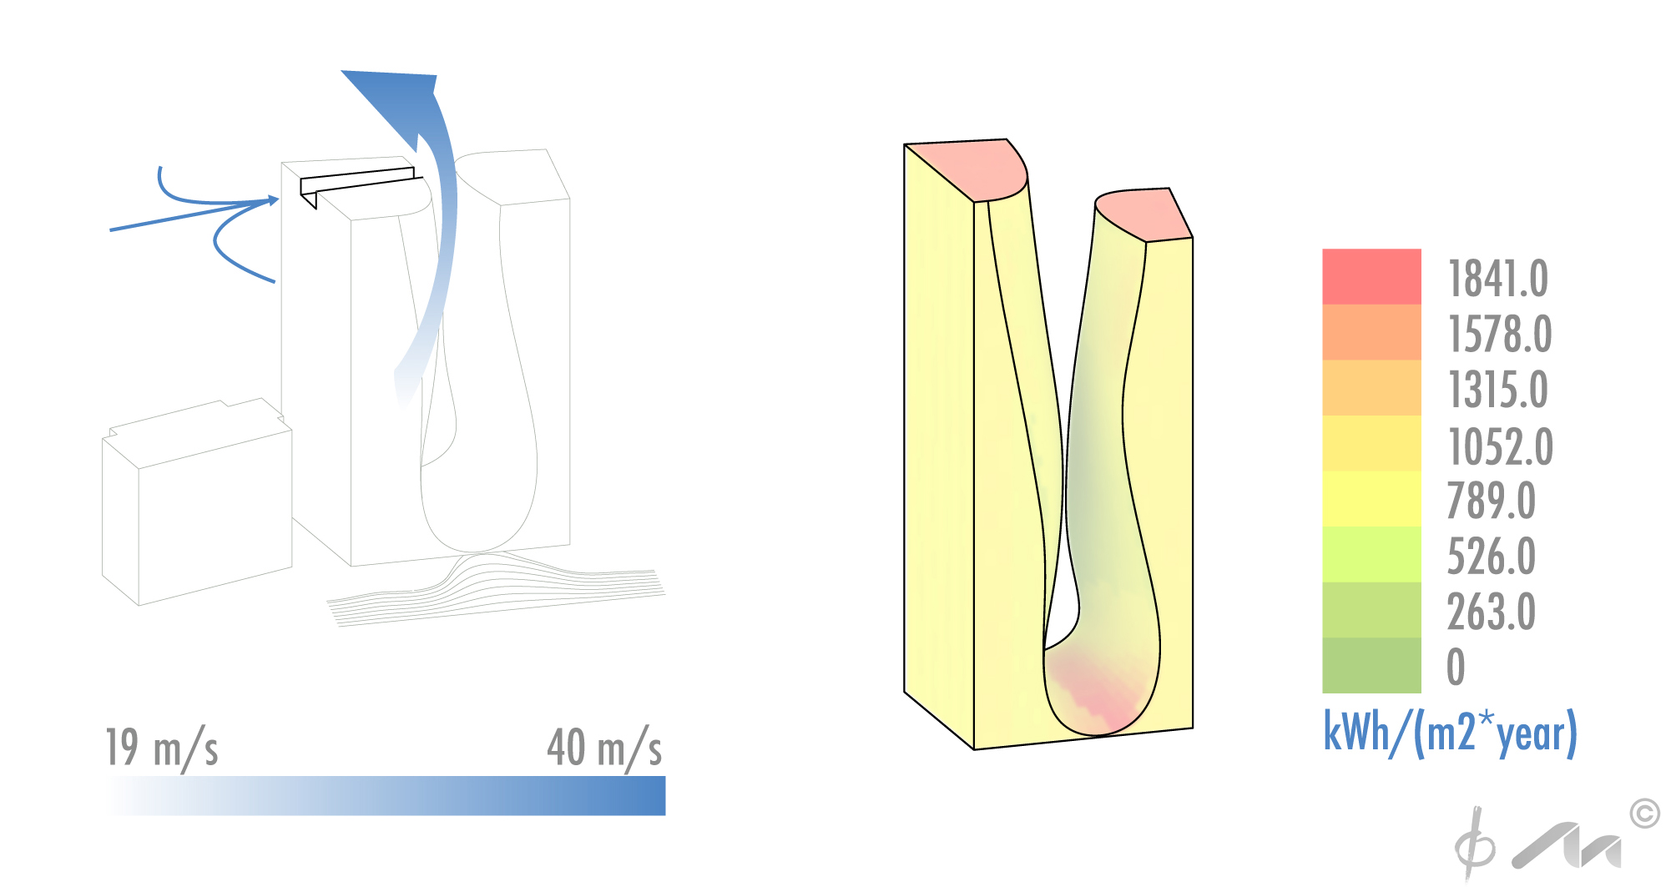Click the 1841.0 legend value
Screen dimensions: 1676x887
click(1497, 279)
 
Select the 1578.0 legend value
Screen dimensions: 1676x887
click(1499, 334)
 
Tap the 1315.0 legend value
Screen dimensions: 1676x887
click(1497, 390)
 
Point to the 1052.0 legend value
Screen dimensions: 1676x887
click(1500, 446)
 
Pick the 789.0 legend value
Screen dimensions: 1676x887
click(1491, 501)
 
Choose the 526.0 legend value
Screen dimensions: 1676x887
click(1491, 557)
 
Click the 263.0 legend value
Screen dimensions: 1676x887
click(1491, 612)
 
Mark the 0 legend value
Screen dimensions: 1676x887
click(1456, 667)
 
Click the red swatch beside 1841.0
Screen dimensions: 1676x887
click(1371, 276)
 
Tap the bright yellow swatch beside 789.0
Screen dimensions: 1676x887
click(1371, 498)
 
